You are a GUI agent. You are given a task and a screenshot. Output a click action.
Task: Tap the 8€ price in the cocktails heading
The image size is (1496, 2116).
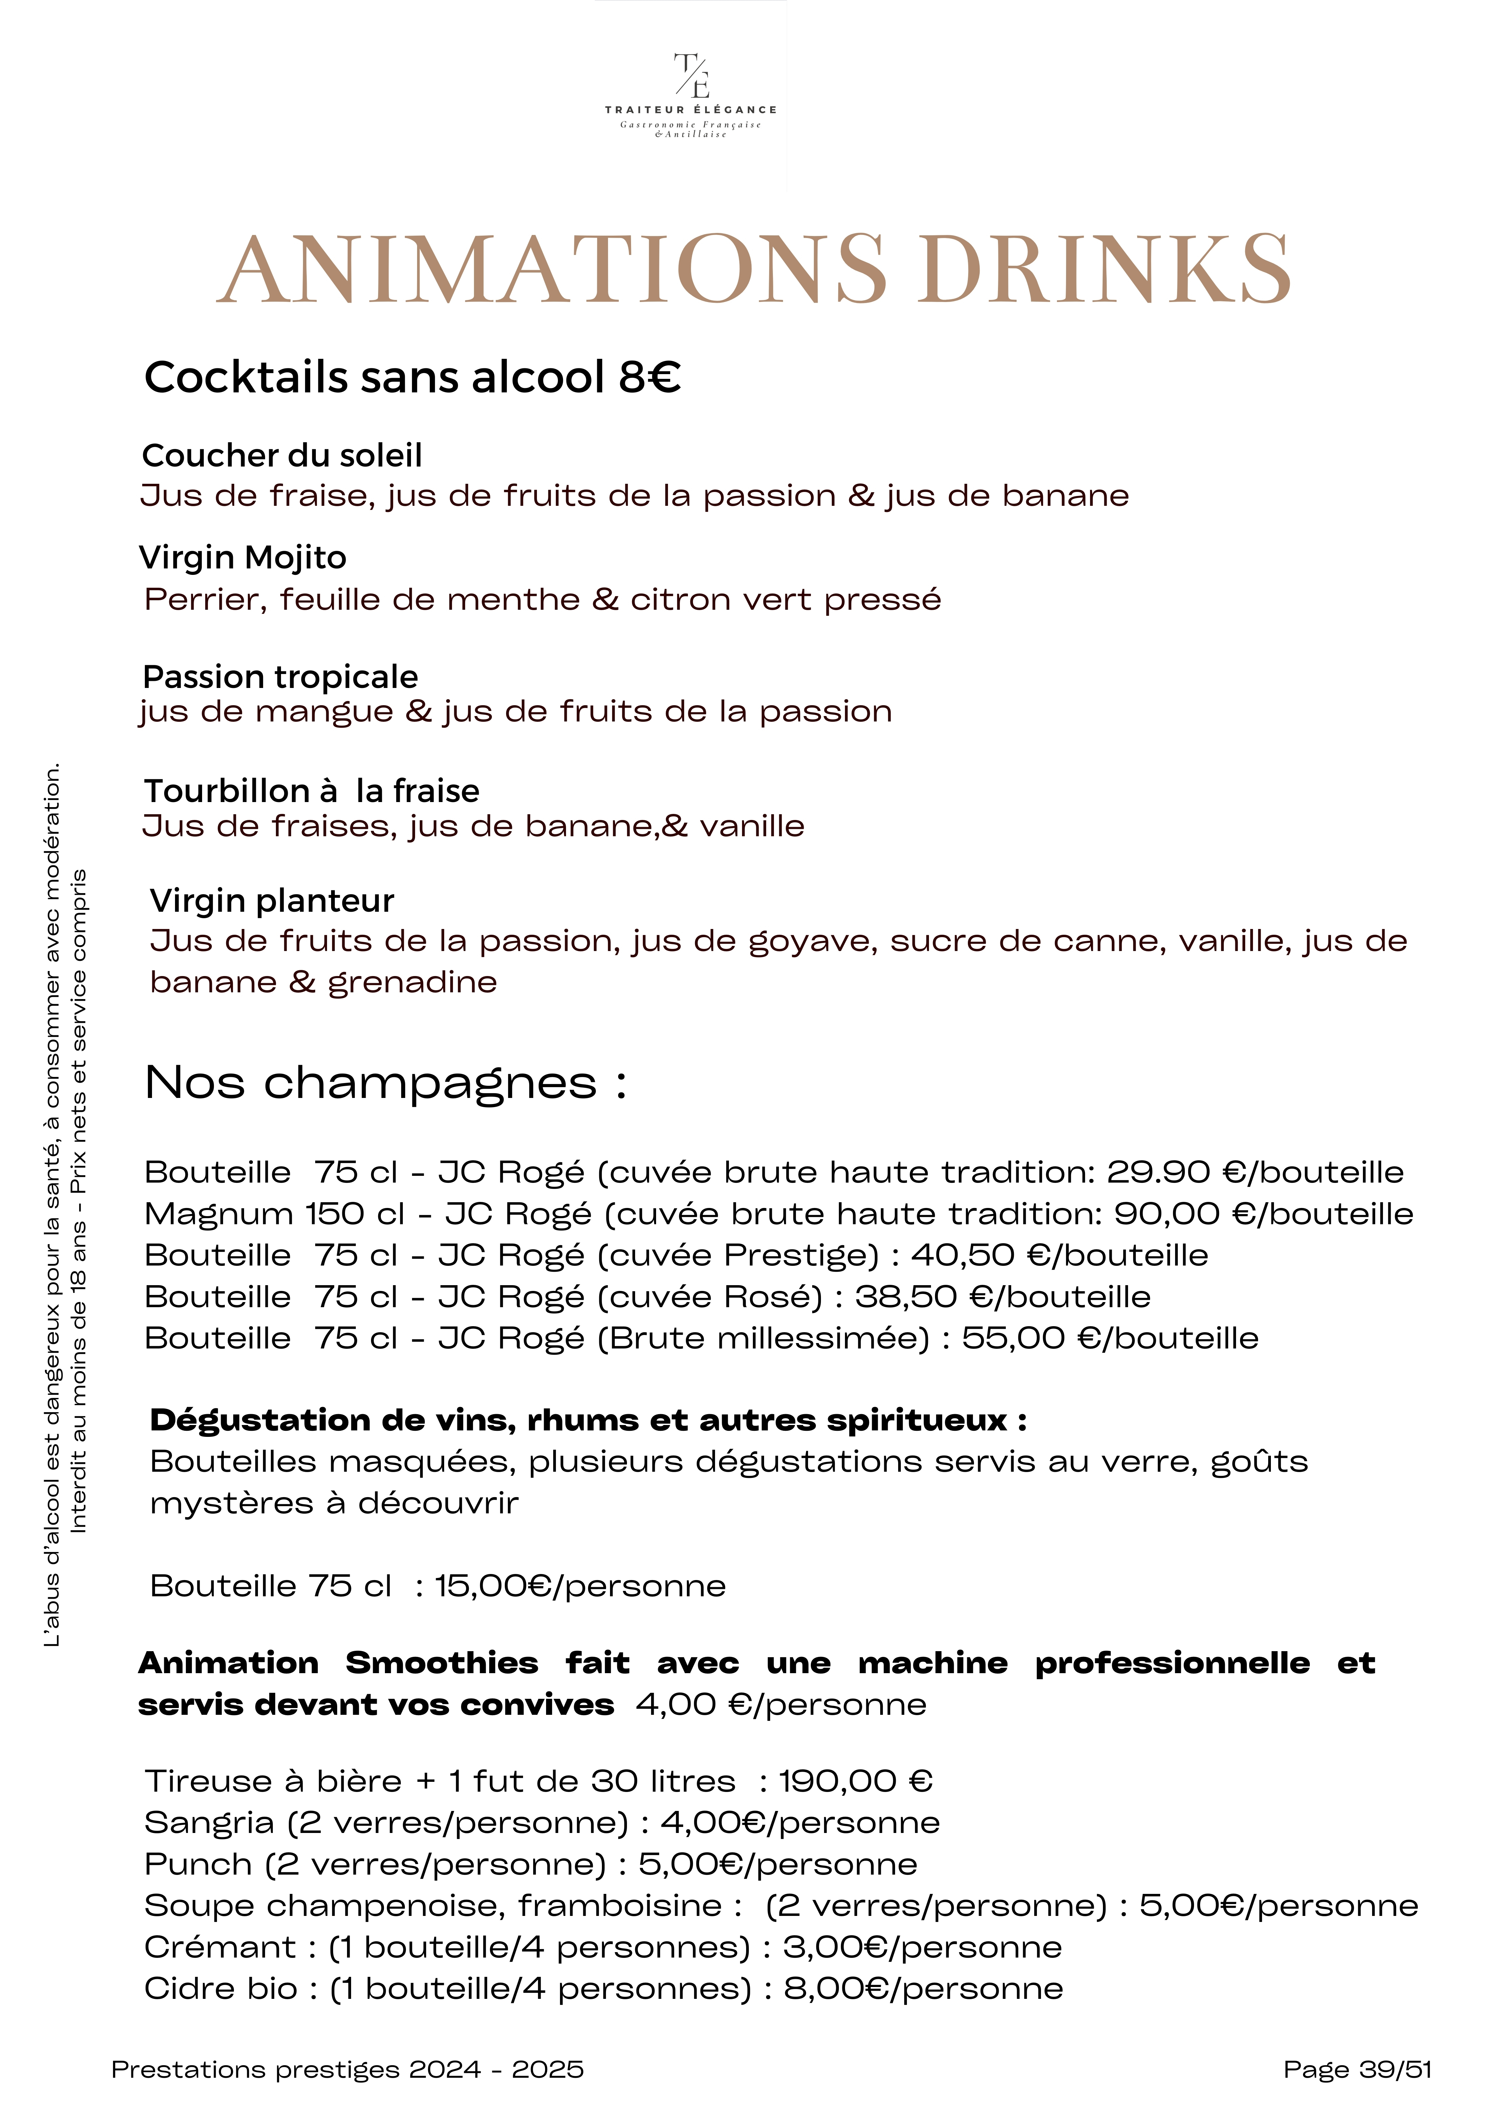click(x=650, y=378)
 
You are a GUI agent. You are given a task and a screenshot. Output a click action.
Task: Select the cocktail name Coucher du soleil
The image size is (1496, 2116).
click(x=282, y=455)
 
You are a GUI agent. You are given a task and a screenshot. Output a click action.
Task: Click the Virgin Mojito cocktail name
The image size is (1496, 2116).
click(x=242, y=558)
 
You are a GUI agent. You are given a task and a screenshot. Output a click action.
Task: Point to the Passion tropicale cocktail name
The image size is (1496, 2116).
click(x=280, y=677)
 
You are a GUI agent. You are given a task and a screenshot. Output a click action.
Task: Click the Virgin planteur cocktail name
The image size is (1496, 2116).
click(x=272, y=901)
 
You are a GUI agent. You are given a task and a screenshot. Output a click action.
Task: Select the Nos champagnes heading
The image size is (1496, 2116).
click(x=385, y=1083)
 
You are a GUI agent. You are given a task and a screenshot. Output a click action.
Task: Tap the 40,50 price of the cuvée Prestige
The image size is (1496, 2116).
click(x=963, y=1255)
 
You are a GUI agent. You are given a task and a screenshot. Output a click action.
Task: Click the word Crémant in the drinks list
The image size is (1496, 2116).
click(x=220, y=1947)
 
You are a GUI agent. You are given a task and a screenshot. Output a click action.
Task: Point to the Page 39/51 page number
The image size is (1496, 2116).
click(x=1357, y=2070)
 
